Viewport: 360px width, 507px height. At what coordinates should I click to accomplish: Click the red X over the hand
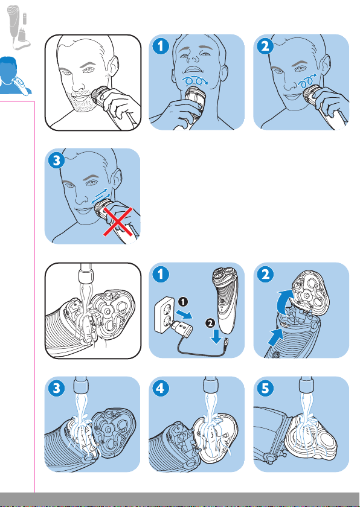click(x=118, y=223)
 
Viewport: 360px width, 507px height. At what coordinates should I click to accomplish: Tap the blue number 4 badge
click(x=161, y=388)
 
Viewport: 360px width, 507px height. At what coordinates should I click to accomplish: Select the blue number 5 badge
click(x=265, y=388)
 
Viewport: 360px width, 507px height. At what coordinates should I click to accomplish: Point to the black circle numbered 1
click(x=183, y=301)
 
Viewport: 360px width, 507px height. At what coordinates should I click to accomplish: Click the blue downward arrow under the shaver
click(x=216, y=337)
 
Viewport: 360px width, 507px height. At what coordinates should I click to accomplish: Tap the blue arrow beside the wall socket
click(x=184, y=315)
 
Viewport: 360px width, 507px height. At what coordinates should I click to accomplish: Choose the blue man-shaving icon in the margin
click(x=14, y=76)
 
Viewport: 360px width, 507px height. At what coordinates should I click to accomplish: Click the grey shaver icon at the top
click(x=19, y=27)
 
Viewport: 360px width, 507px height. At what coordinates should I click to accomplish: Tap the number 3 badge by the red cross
click(x=56, y=161)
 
